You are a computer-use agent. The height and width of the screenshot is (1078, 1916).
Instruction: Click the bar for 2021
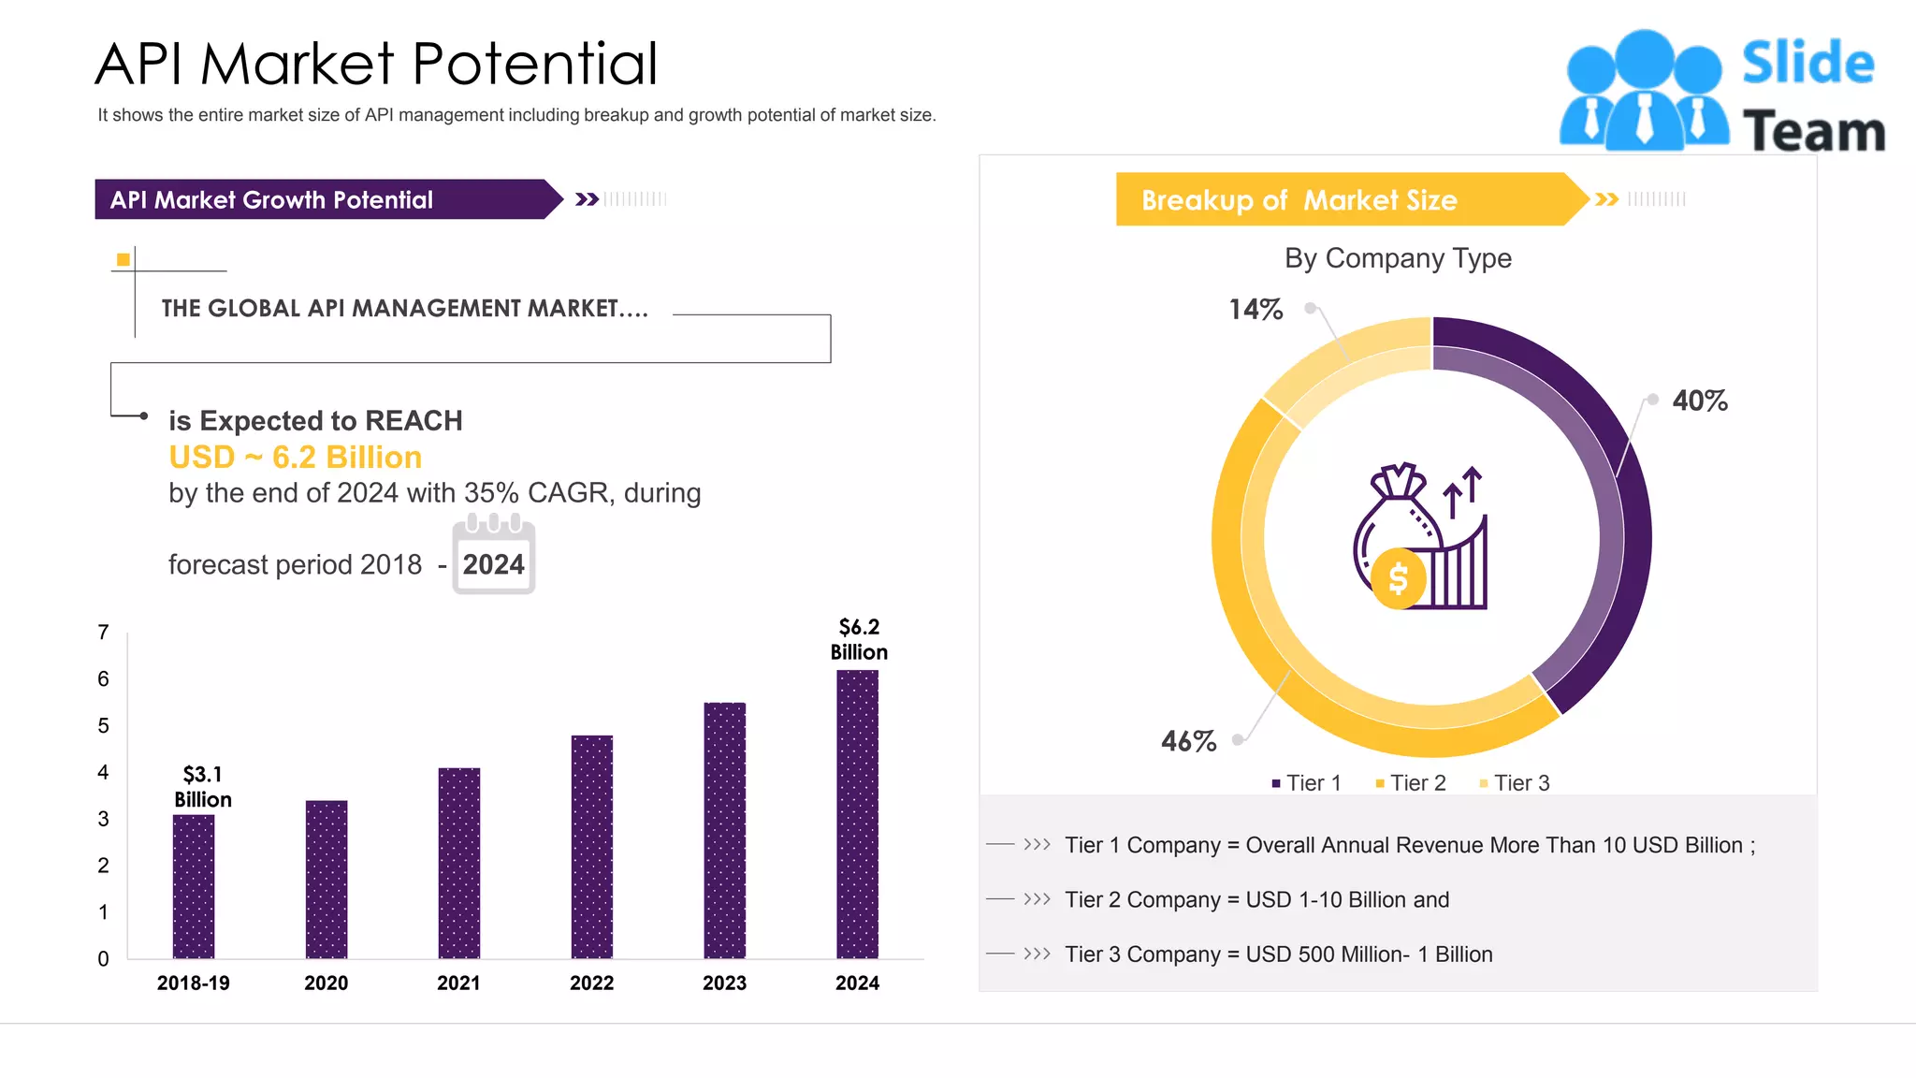click(x=458, y=863)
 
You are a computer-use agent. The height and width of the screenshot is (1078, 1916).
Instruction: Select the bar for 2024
click(x=857, y=814)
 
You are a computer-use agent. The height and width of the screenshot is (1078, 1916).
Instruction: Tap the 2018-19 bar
click(x=194, y=886)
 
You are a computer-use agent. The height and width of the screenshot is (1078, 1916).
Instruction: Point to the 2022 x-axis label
click(x=591, y=983)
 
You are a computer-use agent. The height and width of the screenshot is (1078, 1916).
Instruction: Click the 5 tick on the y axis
click(x=103, y=726)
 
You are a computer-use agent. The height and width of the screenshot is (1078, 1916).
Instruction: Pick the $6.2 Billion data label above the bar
click(x=859, y=640)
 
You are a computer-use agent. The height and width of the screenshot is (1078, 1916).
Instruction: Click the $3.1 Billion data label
click(x=203, y=787)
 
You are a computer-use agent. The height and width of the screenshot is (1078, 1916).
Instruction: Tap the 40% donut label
click(x=1699, y=401)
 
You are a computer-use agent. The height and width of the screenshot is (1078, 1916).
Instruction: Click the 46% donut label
click(x=1188, y=742)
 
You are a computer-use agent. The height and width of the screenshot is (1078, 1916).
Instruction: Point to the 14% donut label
click(x=1256, y=310)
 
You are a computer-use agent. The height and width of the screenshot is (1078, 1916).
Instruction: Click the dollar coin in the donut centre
click(x=1398, y=579)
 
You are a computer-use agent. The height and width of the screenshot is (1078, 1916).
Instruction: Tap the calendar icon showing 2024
click(x=493, y=556)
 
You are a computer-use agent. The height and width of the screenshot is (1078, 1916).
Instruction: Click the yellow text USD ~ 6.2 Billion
click(x=295, y=458)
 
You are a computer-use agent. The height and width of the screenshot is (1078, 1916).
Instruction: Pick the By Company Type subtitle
click(x=1398, y=258)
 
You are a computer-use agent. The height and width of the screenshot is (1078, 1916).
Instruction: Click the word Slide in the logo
click(x=1807, y=64)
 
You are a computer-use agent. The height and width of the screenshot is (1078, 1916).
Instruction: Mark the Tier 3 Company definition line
click(x=1278, y=954)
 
